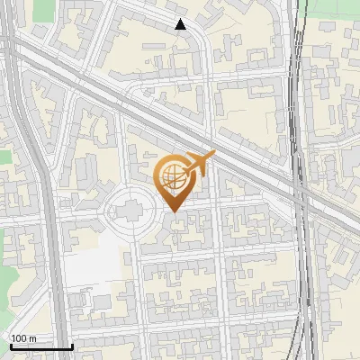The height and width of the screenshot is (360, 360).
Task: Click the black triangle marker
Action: (x=180, y=24)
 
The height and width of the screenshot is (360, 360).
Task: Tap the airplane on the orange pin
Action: (x=200, y=163)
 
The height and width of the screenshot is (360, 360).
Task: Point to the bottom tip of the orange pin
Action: (x=175, y=211)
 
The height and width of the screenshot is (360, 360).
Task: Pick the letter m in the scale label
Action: (x=33, y=338)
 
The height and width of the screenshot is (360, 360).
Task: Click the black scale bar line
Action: (x=40, y=347)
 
